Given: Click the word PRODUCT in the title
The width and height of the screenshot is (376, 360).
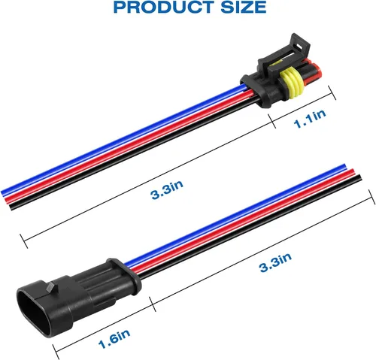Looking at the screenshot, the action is [163, 7].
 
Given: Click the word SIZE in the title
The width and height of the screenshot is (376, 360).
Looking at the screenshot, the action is [244, 7].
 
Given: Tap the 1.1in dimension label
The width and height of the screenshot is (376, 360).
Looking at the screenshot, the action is [310, 119].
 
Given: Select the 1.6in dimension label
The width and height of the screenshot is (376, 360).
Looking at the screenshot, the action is [114, 339].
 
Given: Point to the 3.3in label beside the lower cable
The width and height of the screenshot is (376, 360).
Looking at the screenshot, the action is [275, 262].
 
